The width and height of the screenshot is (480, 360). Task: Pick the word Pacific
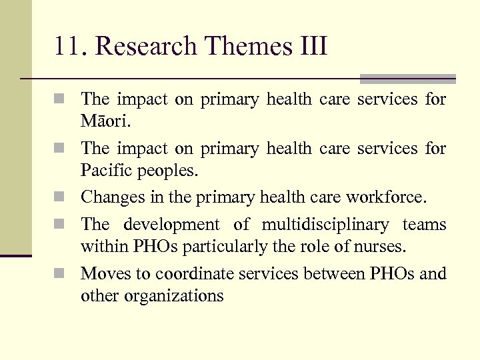(x=105, y=171)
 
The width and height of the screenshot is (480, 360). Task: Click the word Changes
(x=109, y=197)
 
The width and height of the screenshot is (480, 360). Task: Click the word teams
(x=424, y=225)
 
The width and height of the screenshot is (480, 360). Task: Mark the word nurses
(x=382, y=246)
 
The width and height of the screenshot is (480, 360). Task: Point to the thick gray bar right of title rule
(x=407, y=79)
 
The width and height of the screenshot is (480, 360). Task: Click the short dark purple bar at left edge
(x=16, y=255)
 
